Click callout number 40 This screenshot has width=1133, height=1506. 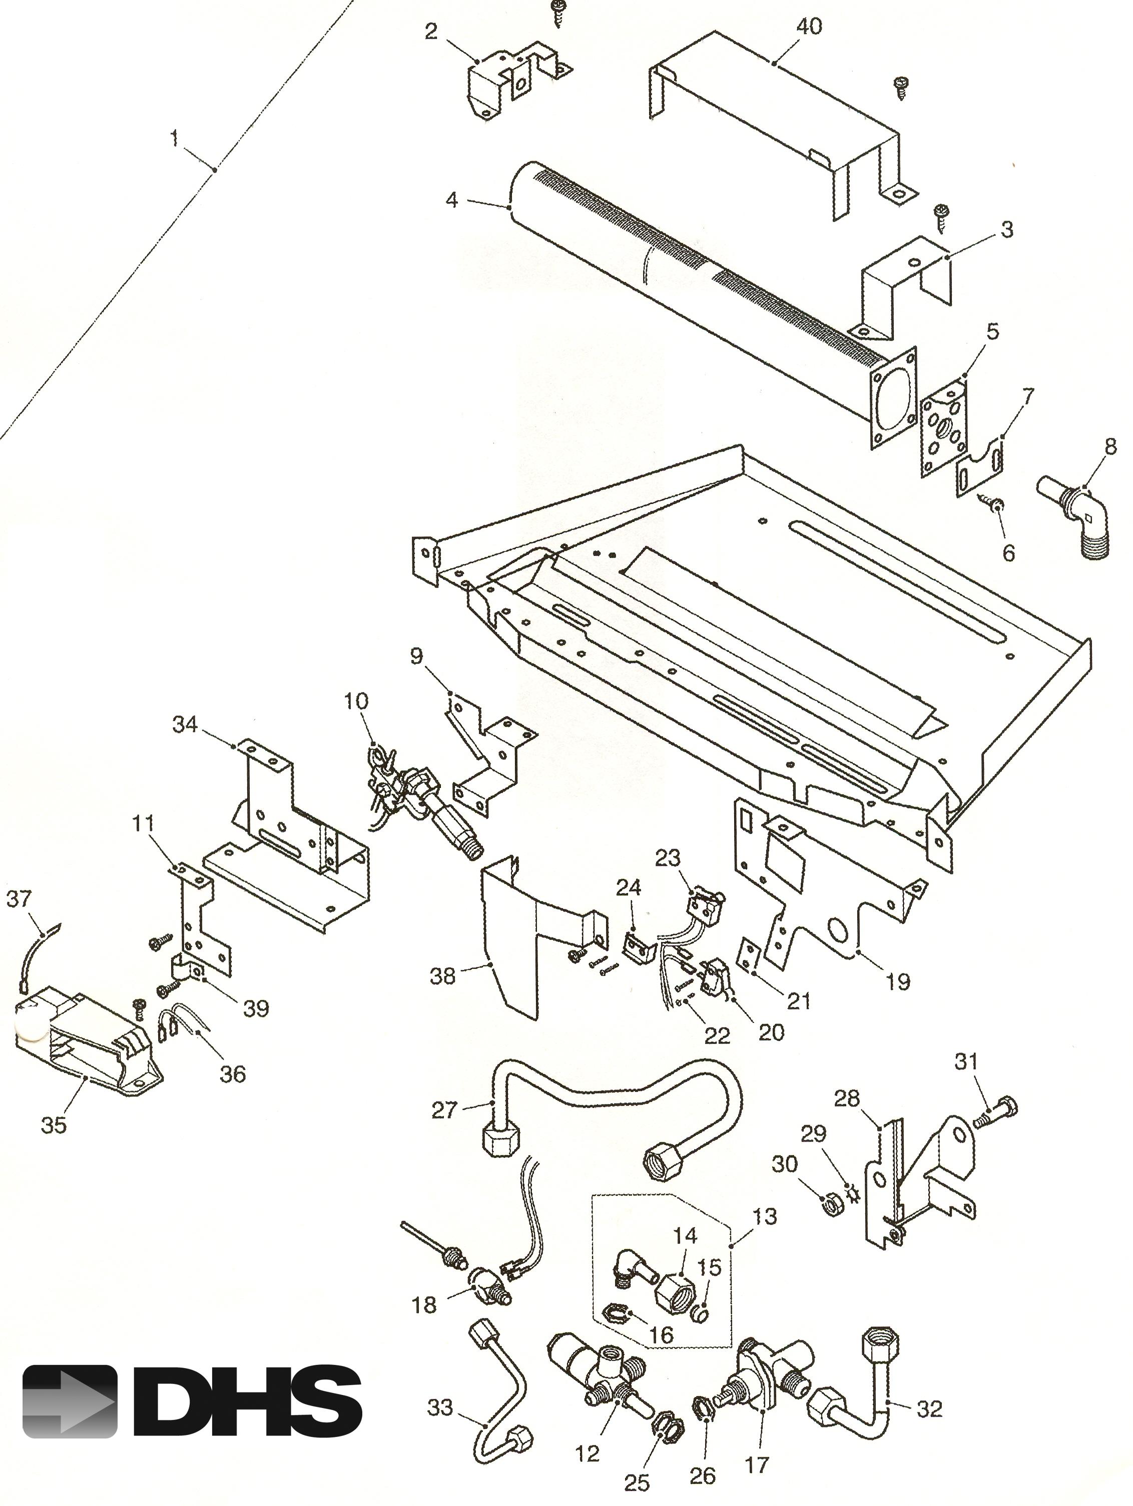[x=809, y=26]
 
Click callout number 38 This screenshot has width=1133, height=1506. [x=442, y=976]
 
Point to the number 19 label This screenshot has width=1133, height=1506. [x=898, y=982]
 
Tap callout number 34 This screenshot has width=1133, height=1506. [x=185, y=724]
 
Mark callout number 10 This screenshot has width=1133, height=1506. [x=356, y=700]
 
